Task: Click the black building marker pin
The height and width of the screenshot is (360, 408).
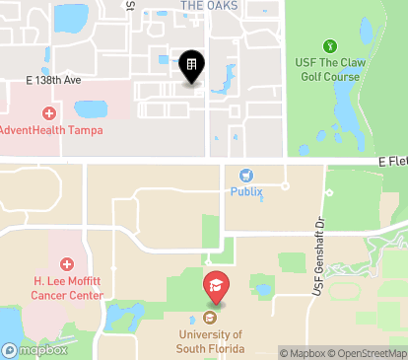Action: tap(191, 66)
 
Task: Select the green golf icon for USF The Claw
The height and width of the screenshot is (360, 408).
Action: tap(329, 46)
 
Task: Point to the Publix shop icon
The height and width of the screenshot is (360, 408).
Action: tap(247, 175)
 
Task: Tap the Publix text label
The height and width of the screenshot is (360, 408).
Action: tap(247, 192)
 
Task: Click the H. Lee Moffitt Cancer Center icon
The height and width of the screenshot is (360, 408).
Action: tap(67, 264)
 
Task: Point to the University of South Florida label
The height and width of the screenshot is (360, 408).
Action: tap(210, 340)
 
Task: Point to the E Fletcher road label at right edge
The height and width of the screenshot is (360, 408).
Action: tap(391, 161)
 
